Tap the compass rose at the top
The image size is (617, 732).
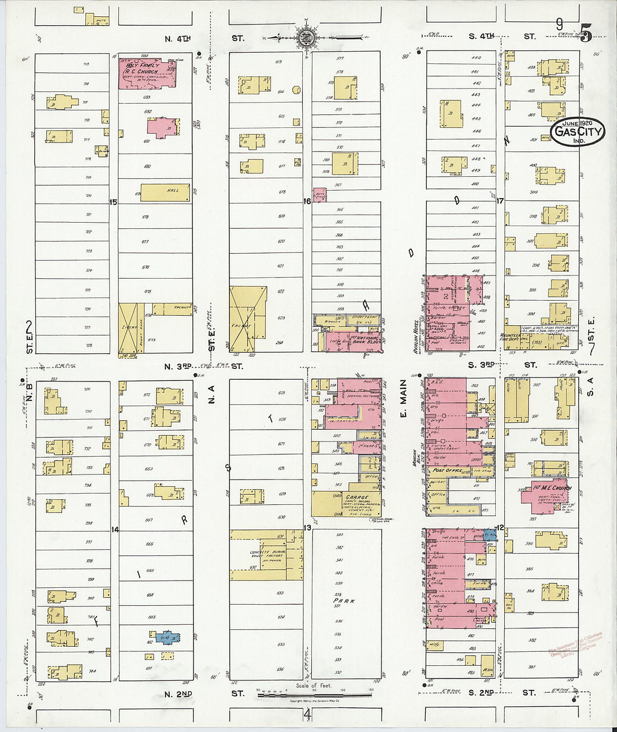(307, 38)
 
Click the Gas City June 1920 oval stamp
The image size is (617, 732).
(578, 132)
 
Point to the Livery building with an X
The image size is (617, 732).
(131, 328)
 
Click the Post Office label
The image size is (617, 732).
(446, 471)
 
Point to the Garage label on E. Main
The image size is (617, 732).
(357, 498)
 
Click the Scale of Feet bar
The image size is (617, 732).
(314, 696)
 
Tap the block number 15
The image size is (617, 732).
(113, 202)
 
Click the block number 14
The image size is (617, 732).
(115, 530)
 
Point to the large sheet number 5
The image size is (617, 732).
(586, 34)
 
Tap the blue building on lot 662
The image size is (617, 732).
(167, 638)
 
